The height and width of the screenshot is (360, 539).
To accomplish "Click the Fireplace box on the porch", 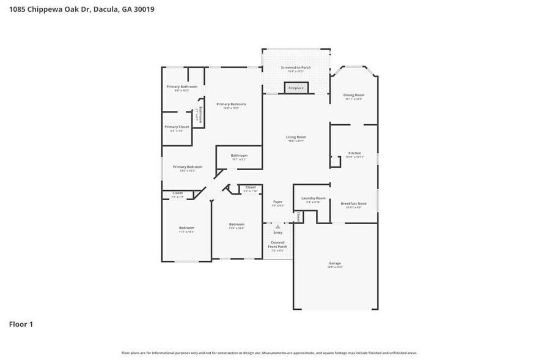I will (x=296, y=88).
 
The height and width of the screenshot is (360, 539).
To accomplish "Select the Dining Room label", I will (x=354, y=96).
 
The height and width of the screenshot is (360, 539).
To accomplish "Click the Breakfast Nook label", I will (x=354, y=204).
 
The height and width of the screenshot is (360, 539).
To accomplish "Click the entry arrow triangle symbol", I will (x=277, y=227).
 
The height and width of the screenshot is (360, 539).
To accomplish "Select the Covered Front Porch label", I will (x=277, y=246).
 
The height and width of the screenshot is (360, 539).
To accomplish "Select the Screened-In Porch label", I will (x=296, y=69).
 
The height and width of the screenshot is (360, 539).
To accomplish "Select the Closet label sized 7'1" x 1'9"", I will (x=177, y=194).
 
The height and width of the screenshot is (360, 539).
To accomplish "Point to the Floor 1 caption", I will (x=21, y=324).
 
